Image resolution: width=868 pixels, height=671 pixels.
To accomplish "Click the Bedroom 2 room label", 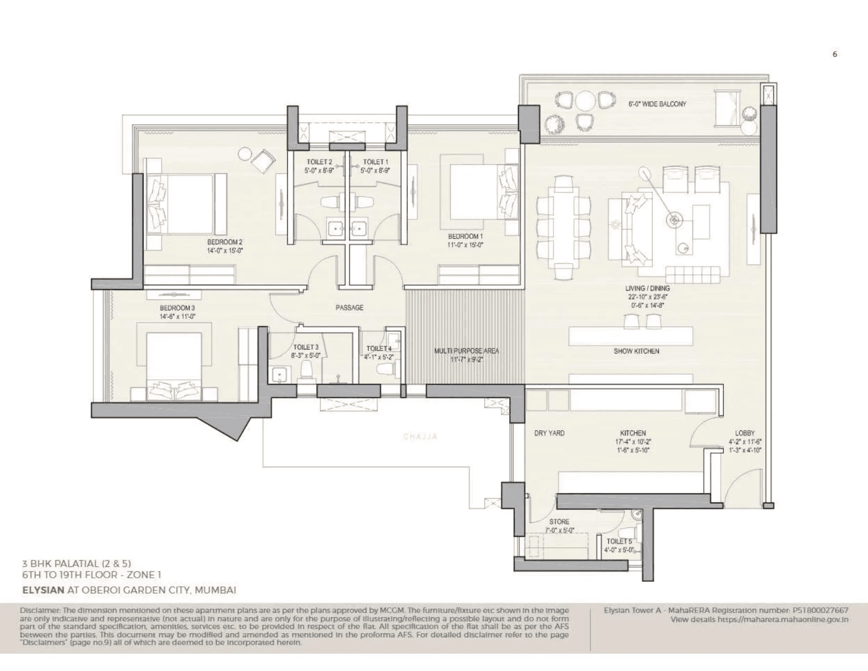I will point(225,242).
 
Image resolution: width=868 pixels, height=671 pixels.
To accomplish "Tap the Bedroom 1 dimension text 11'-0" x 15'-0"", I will point(465,245).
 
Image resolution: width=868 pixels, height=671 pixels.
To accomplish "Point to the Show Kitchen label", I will point(636,351).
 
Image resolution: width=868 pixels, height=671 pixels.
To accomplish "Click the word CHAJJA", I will point(420,437).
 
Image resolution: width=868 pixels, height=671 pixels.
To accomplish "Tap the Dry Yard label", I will point(549,433).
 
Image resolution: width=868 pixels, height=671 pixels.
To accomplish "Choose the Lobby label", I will point(745,433).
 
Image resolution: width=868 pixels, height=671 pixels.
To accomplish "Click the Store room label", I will point(559,522).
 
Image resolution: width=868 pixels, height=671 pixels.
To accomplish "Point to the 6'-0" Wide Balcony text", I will point(657,104).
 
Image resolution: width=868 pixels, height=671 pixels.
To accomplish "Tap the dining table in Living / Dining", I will point(563,227).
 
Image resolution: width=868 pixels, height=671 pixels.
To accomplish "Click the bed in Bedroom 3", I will point(174,363).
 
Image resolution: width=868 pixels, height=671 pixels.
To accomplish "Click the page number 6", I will point(835,54).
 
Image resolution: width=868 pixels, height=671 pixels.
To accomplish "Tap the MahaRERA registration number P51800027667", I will point(820,610).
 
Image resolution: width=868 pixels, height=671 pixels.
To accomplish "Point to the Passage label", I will point(349,307).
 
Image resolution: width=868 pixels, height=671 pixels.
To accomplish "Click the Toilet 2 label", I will point(319,162).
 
